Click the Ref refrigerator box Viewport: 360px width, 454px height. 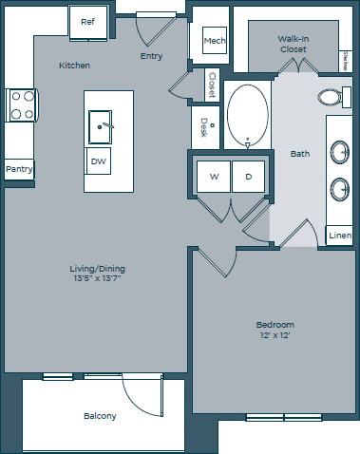87,21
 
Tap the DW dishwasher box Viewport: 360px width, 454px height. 99,161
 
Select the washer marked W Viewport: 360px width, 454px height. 214,176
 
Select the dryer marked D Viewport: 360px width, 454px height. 248,176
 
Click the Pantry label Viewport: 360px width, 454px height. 19,169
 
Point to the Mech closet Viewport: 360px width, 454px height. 214,41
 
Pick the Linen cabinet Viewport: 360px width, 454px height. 339,235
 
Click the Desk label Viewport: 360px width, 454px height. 204,126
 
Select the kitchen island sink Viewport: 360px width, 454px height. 102,123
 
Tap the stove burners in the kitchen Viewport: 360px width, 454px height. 20,104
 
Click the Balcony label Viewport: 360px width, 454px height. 99,416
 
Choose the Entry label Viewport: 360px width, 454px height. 151,56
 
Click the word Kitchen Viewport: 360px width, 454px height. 74,66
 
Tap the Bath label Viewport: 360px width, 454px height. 299,153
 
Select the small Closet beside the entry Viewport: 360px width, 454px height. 212,86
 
